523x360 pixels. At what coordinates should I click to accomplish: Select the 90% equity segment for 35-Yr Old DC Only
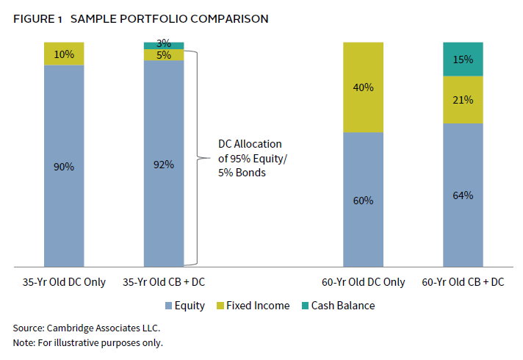tap(64, 166)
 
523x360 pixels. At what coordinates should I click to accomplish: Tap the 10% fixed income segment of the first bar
tap(64, 54)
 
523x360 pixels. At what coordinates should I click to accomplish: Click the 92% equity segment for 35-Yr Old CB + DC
tap(164, 165)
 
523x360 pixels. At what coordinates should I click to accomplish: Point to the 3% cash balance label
tap(164, 44)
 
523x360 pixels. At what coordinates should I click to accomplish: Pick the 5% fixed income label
tap(164, 55)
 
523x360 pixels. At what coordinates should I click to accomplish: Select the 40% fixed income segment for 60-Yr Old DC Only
tap(364, 87)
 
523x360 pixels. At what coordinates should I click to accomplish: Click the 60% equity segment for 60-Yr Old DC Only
tap(364, 200)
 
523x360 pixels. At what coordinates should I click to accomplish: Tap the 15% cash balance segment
tap(463, 59)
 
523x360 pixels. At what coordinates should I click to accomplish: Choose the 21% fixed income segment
tap(463, 99)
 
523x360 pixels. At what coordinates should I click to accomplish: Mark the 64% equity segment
tap(463, 195)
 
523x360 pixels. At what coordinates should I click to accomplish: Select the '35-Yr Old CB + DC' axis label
tap(164, 282)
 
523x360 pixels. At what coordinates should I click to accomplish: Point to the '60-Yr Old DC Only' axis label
tap(364, 282)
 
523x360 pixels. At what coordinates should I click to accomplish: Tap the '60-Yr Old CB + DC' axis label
tap(463, 282)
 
